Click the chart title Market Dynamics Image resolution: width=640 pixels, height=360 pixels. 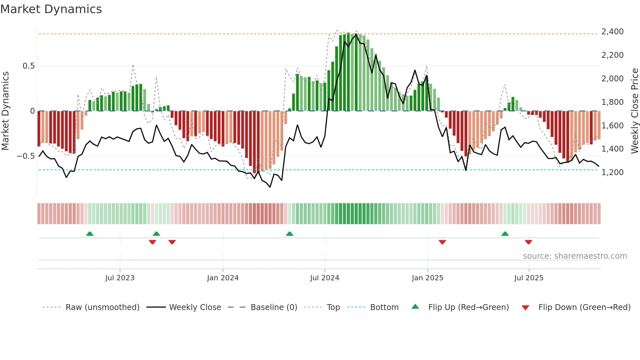click(x=51, y=9)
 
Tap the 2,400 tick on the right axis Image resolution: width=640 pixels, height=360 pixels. click(x=612, y=32)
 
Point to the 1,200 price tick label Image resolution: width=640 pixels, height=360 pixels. click(x=612, y=172)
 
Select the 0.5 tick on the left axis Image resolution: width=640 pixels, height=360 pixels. click(x=28, y=66)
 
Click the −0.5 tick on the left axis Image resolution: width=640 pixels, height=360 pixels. click(x=26, y=156)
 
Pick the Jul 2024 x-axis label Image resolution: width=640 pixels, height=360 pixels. click(x=324, y=278)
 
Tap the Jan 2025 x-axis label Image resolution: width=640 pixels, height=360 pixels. click(x=427, y=278)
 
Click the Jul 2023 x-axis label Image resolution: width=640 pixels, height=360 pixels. click(x=120, y=278)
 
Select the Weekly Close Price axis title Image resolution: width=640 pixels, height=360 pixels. click(x=634, y=111)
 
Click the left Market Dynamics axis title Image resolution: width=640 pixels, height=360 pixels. click(x=5, y=111)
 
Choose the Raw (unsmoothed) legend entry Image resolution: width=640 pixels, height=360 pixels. click(x=102, y=307)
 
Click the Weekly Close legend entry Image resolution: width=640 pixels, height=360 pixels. click(x=195, y=307)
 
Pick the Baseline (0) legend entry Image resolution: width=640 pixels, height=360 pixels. click(x=274, y=307)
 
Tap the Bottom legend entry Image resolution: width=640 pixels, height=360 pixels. click(x=384, y=307)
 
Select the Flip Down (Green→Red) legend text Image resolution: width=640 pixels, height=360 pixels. click(x=584, y=307)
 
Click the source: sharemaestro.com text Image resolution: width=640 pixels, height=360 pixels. click(x=575, y=256)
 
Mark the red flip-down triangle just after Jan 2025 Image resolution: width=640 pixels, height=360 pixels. click(x=442, y=242)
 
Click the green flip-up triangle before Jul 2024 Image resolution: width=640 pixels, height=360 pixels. click(x=289, y=234)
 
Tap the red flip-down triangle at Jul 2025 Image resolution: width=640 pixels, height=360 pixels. click(x=528, y=242)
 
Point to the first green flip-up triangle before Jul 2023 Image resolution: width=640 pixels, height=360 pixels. click(x=90, y=234)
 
